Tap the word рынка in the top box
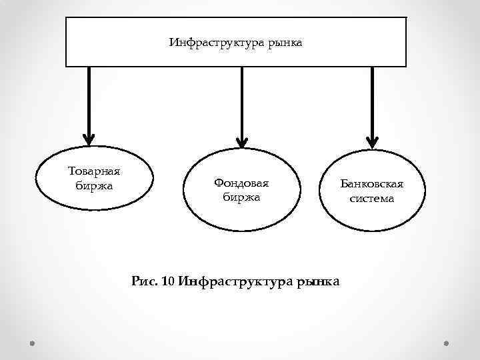pyautogui.click(x=285, y=43)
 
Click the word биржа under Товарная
pyautogui.click(x=93, y=185)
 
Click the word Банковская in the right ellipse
pyautogui.click(x=372, y=184)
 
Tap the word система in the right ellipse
pyautogui.click(x=372, y=198)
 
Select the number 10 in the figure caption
pyautogui.click(x=168, y=282)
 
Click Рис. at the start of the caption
pyautogui.click(x=145, y=282)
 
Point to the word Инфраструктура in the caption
pyautogui.click(x=235, y=282)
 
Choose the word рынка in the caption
pyautogui.click(x=317, y=282)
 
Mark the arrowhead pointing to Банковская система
pyautogui.click(x=372, y=139)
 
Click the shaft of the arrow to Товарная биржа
pyautogui.click(x=88, y=100)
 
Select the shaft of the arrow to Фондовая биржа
pyautogui.click(x=241, y=100)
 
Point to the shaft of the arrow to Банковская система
pyautogui.click(x=372, y=100)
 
